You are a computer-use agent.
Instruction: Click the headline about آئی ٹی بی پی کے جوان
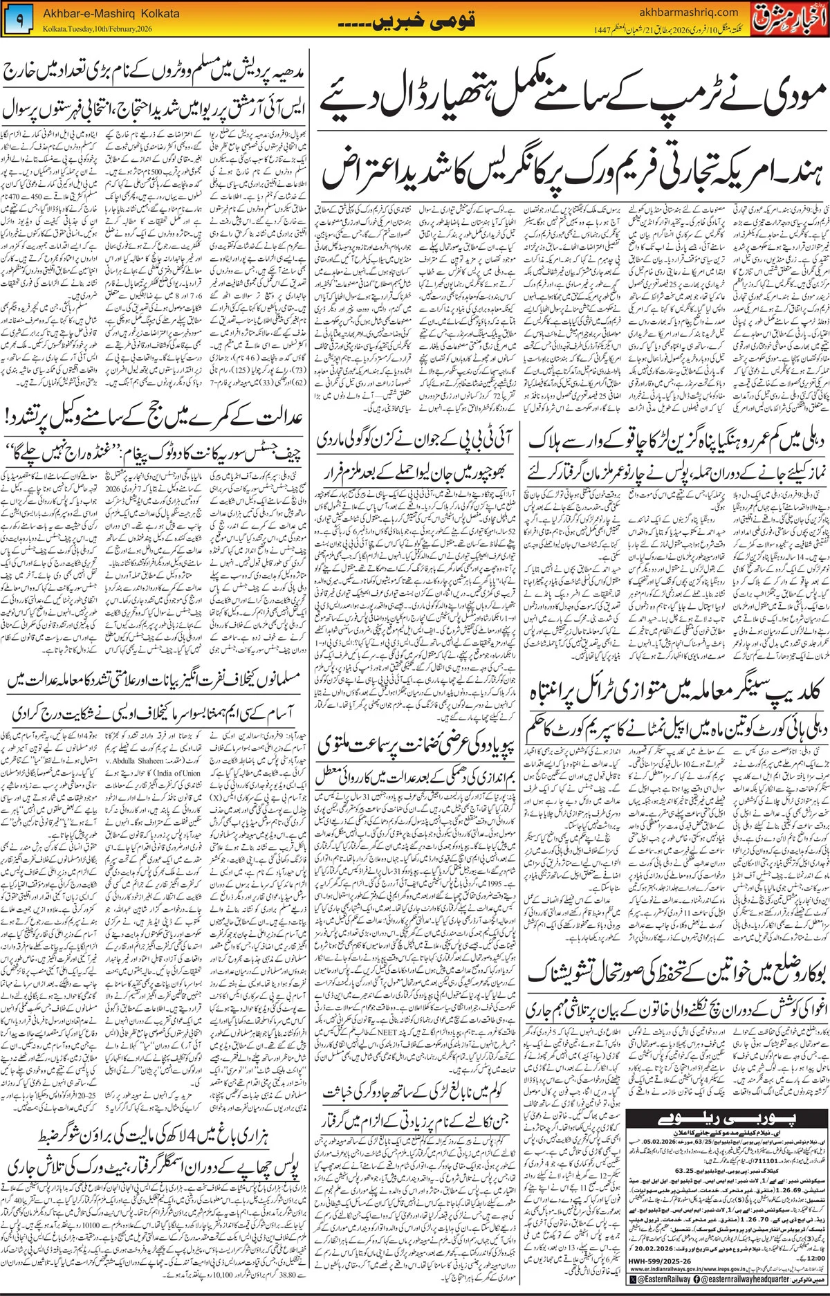[412, 439]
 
